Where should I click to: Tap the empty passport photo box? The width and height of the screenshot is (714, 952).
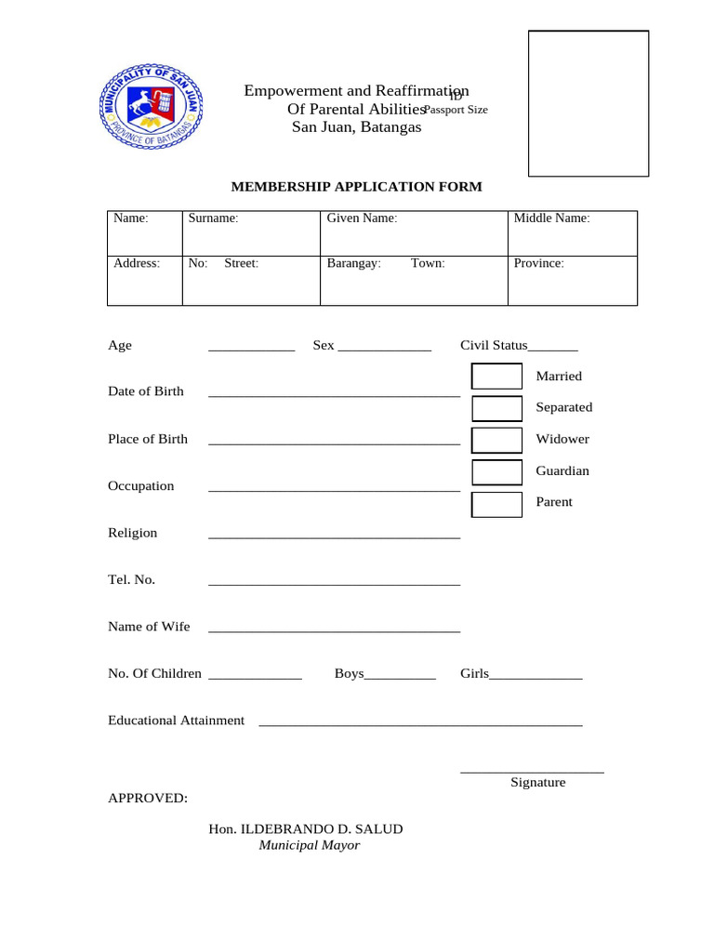588,103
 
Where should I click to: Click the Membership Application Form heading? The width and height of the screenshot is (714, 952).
356,187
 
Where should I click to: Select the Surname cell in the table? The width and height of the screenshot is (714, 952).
251,233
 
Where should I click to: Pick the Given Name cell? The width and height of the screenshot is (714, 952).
414,233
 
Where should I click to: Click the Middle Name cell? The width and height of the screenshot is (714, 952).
572,233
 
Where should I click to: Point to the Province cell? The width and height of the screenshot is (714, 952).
572,281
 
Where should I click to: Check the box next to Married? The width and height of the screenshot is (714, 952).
497,377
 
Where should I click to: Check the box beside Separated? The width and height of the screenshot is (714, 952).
497,408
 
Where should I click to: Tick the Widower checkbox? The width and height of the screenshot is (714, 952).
497,440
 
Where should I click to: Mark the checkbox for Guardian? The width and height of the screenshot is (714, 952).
497,471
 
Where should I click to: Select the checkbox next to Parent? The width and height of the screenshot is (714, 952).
497,504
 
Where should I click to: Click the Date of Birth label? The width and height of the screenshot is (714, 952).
146,391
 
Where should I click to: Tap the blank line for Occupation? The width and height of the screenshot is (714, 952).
334,488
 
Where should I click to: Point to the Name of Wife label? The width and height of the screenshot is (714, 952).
149,627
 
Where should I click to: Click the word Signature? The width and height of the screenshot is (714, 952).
537,783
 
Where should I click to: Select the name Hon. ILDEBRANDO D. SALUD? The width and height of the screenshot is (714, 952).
306,829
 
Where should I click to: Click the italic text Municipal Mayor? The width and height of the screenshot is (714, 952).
309,846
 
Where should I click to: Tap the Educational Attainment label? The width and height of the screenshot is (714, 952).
176,721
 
